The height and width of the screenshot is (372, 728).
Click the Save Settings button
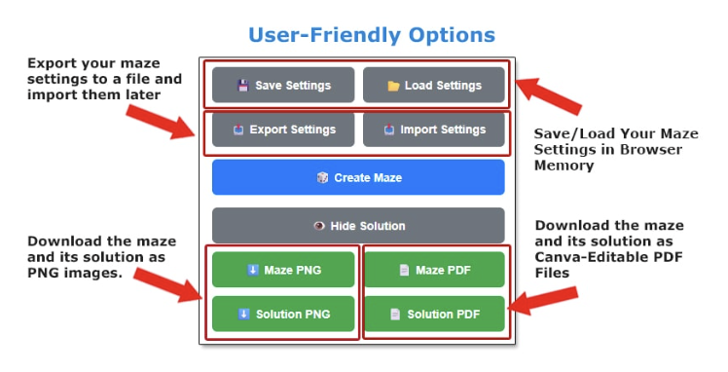click(x=283, y=85)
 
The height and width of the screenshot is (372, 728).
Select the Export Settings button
click(x=283, y=130)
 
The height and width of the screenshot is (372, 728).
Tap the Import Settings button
click(x=434, y=130)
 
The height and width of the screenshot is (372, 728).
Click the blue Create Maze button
click(x=358, y=177)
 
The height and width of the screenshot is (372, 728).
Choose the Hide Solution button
click(x=358, y=226)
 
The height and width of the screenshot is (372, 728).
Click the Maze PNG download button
click(x=283, y=270)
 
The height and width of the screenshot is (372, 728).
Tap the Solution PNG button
click(x=283, y=314)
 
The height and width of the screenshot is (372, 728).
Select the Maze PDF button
click(x=434, y=270)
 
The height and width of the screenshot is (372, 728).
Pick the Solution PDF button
click(x=434, y=314)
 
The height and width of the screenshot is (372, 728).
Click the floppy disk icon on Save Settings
click(x=243, y=86)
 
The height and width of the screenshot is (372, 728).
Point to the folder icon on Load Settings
click(x=393, y=86)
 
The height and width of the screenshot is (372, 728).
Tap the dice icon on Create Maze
click(x=322, y=177)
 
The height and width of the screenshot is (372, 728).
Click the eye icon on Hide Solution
click(x=319, y=226)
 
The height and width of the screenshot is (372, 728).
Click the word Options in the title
click(x=452, y=35)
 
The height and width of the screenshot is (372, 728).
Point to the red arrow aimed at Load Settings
click(x=548, y=96)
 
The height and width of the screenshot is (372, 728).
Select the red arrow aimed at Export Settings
click(x=161, y=122)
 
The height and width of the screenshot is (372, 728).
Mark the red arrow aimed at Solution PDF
click(x=543, y=301)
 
